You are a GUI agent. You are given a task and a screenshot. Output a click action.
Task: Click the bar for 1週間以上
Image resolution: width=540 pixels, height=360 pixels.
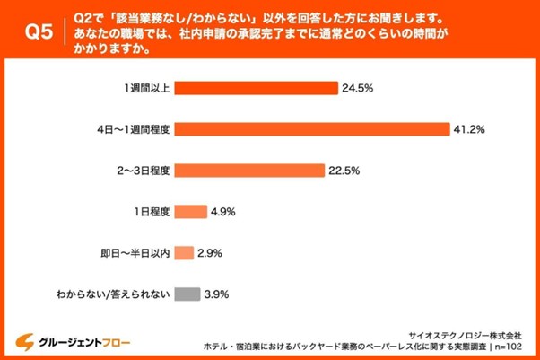(x=257, y=89)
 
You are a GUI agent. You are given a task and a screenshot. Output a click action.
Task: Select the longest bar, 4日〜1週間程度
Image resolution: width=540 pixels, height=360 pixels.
(x=311, y=130)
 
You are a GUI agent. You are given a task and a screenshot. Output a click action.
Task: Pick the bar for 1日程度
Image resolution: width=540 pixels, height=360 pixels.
(x=190, y=213)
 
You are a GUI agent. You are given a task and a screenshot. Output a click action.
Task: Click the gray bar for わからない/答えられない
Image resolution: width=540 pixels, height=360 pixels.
(x=187, y=294)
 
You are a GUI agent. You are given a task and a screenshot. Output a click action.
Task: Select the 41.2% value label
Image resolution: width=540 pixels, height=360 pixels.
(x=468, y=130)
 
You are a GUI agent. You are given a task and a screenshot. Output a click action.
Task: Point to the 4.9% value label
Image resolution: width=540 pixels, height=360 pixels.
(x=222, y=213)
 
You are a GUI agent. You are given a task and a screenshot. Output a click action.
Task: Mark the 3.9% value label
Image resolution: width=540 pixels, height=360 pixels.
(x=217, y=294)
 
